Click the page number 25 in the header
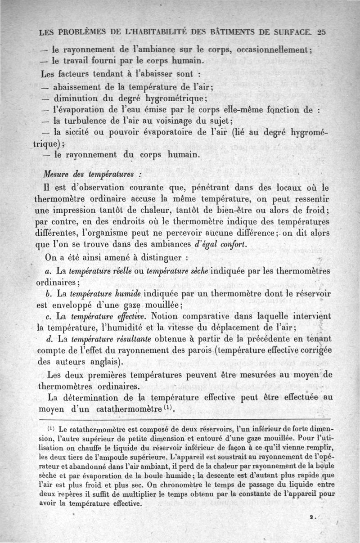(321, 32)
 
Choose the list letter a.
(48, 271)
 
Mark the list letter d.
(48, 337)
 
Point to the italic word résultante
(129, 337)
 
